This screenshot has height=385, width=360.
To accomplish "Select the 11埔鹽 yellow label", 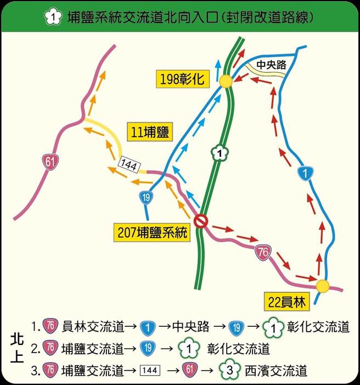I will coord(150,132).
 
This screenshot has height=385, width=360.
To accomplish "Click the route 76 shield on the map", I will coord(262,252).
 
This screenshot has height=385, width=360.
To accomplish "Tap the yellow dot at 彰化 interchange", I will coord(226,81).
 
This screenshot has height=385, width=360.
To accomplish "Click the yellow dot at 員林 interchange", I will coord(323,286).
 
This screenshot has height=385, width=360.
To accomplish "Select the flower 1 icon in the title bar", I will coord(52,18).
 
